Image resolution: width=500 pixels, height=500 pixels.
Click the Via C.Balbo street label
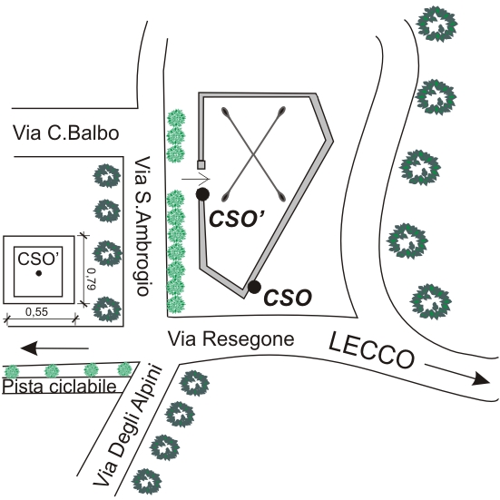65,133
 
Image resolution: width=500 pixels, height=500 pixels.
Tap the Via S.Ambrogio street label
142,226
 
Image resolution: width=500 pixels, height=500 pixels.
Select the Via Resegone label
230,339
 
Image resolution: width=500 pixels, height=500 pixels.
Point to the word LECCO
372,350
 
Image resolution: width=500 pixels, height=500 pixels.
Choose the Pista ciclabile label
60,387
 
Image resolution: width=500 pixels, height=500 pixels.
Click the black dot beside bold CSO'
202,194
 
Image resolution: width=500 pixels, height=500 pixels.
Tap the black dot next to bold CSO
254,287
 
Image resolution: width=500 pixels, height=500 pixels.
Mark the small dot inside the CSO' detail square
39,273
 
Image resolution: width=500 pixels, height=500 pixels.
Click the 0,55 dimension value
36,312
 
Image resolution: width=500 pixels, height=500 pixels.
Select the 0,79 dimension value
92,279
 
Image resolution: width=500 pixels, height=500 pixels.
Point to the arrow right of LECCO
457,372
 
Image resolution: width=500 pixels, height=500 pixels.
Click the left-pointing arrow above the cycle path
54,348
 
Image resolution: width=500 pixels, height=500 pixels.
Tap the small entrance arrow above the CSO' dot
196,179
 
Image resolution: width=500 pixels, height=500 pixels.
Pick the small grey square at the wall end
201,165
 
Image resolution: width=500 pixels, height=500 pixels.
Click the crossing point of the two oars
253,154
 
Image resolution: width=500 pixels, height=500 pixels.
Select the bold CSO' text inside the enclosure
238,219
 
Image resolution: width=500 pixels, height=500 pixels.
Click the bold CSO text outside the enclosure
288,298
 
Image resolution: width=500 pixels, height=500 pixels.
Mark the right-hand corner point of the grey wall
333,141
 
